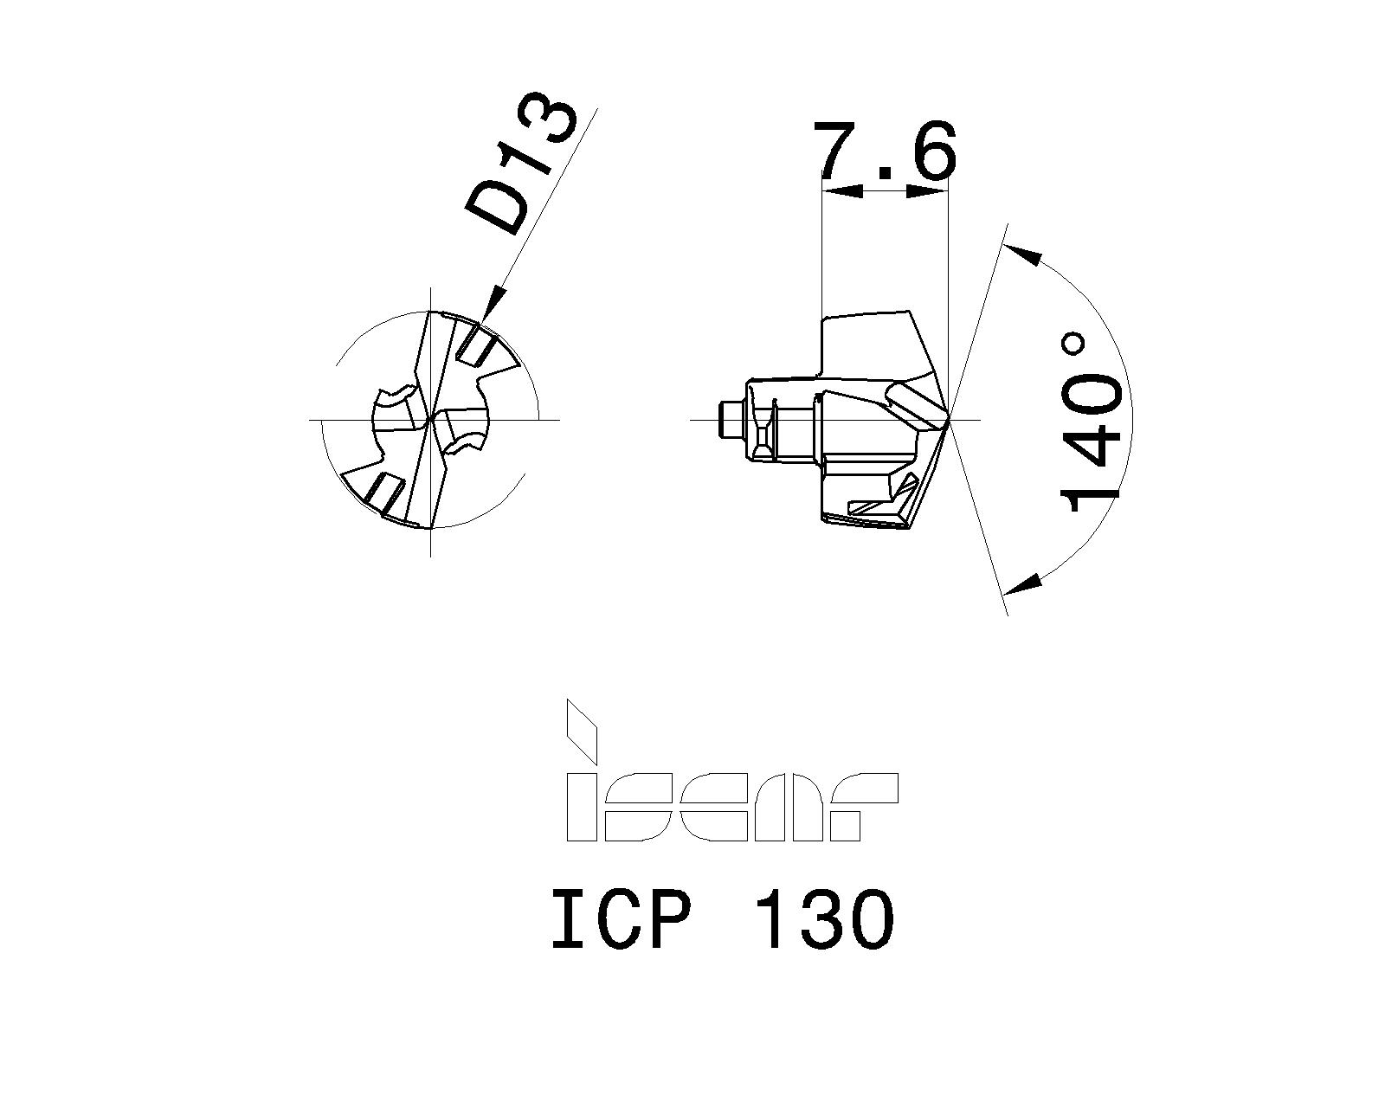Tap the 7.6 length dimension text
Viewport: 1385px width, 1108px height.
coord(885,152)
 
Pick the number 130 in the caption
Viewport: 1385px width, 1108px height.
coord(824,921)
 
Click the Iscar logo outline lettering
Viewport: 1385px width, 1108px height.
coord(731,807)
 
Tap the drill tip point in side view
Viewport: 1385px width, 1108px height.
coord(950,419)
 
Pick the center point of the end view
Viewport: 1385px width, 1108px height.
coord(430,420)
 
